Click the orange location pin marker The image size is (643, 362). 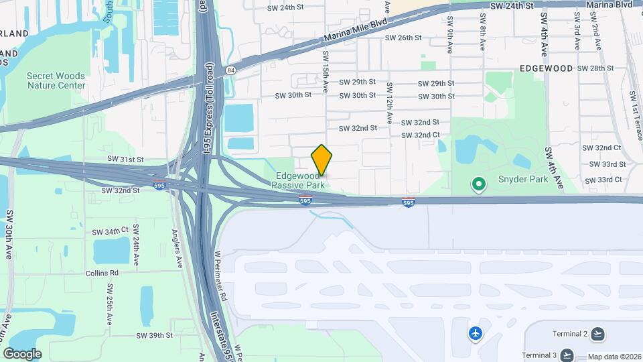click(x=321, y=160)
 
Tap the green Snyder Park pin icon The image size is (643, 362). click(x=478, y=183)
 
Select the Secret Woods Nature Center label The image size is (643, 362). click(x=56, y=80)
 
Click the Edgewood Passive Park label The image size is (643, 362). click(x=300, y=180)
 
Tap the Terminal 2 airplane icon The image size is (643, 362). click(x=597, y=334)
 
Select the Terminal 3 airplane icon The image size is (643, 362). click(x=567, y=355)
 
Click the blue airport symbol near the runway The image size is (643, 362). click(x=476, y=333)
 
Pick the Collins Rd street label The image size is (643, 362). click(x=102, y=274)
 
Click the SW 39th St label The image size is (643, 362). click(x=155, y=335)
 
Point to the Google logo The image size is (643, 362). click(x=22, y=354)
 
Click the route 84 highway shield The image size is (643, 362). click(x=231, y=70)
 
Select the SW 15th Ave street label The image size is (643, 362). click(x=326, y=72)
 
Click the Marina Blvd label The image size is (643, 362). click(x=609, y=5)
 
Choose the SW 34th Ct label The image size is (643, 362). click(x=111, y=231)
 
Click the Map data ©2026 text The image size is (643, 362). click(x=614, y=357)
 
